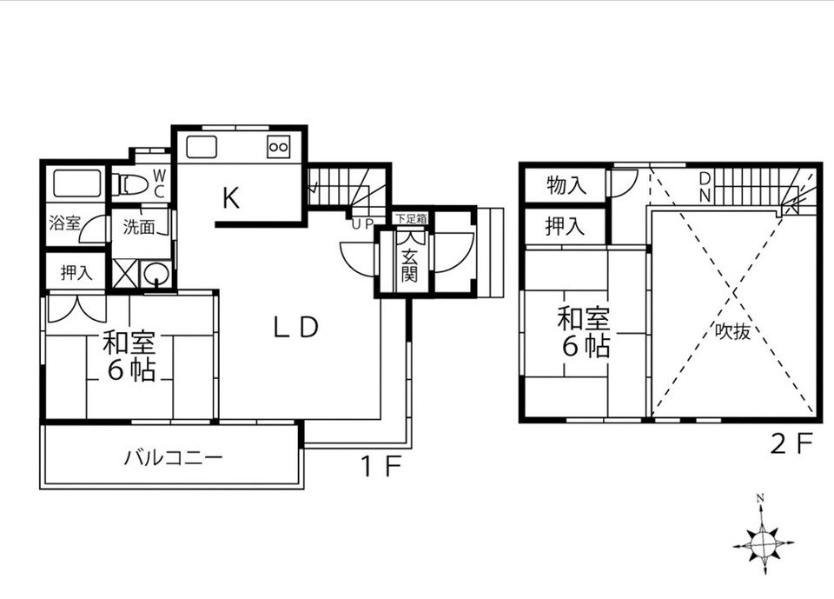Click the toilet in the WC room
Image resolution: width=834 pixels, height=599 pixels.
pyautogui.click(x=130, y=184)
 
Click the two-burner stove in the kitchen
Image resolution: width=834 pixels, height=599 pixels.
pyautogui.click(x=279, y=147)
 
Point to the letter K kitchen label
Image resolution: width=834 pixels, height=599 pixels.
pyautogui.click(x=230, y=199)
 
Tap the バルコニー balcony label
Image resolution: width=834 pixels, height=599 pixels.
pyautogui.click(x=173, y=456)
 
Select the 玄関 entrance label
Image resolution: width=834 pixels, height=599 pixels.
pyautogui.click(x=408, y=262)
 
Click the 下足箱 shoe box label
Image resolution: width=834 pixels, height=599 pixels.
pyautogui.click(x=410, y=217)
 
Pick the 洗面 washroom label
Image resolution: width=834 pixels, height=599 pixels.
pyautogui.click(x=138, y=228)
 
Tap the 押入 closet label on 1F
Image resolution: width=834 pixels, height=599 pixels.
pyautogui.click(x=76, y=272)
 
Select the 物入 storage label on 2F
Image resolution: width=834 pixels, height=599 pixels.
pyautogui.click(x=565, y=184)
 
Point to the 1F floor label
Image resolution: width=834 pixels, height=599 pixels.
pyautogui.click(x=381, y=467)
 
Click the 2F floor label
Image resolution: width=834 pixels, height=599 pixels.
pyautogui.click(x=791, y=444)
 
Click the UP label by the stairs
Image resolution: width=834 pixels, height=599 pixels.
pyautogui.click(x=362, y=223)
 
